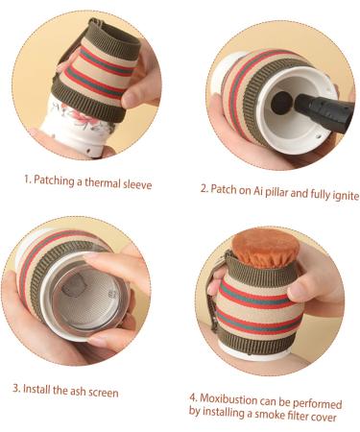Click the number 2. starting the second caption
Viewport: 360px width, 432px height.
pos(204,189)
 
